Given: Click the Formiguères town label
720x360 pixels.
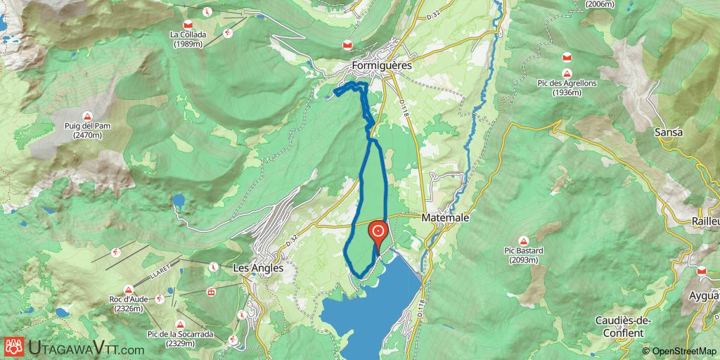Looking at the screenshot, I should pyautogui.click(x=382, y=65).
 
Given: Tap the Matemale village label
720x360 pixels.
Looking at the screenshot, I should pyautogui.click(x=445, y=219).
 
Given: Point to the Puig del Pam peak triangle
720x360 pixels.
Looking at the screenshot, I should pyautogui.click(x=86, y=116).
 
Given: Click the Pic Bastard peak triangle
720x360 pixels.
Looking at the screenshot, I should pyautogui.click(x=525, y=240).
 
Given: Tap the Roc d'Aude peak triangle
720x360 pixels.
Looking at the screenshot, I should pyautogui.click(x=128, y=289).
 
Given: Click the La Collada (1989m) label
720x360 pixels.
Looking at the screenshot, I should pyautogui.click(x=186, y=38).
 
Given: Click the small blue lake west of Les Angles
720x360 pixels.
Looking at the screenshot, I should pyautogui.click(x=179, y=202).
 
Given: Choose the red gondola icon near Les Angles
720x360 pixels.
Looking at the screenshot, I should pyautogui.click(x=210, y=291).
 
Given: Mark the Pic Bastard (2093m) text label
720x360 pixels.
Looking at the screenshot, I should pyautogui.click(x=525, y=255).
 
